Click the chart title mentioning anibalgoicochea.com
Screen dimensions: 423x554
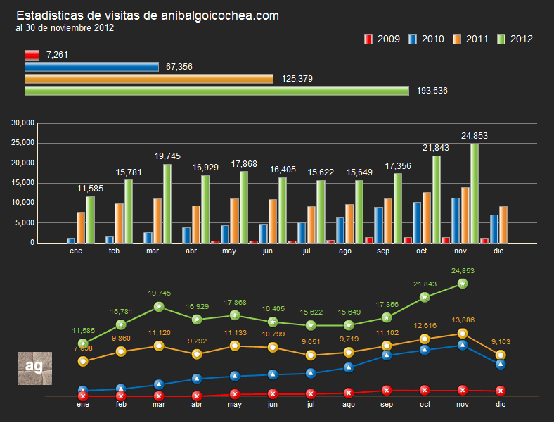coord(148,15)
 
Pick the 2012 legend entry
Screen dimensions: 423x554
coord(515,39)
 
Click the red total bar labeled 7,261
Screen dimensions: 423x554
coord(32,55)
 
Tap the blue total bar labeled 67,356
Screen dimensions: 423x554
coord(91,67)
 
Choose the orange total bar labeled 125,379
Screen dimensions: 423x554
coord(148,79)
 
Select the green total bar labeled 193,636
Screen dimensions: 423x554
coord(217,91)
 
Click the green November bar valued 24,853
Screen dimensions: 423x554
coord(475,193)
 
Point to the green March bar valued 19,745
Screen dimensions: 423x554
coord(167,203)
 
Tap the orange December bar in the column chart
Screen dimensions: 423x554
coord(503,225)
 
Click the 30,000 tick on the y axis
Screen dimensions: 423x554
coord(23,123)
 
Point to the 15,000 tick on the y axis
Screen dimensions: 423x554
coord(23,183)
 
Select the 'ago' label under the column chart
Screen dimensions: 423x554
coord(345,251)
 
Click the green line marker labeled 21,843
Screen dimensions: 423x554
coord(425,297)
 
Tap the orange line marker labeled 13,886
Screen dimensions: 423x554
coord(463,334)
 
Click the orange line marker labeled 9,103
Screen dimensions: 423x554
coord(501,355)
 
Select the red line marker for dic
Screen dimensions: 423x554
coord(501,391)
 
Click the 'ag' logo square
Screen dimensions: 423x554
coord(34,367)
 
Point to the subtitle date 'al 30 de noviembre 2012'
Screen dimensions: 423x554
coord(65,28)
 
